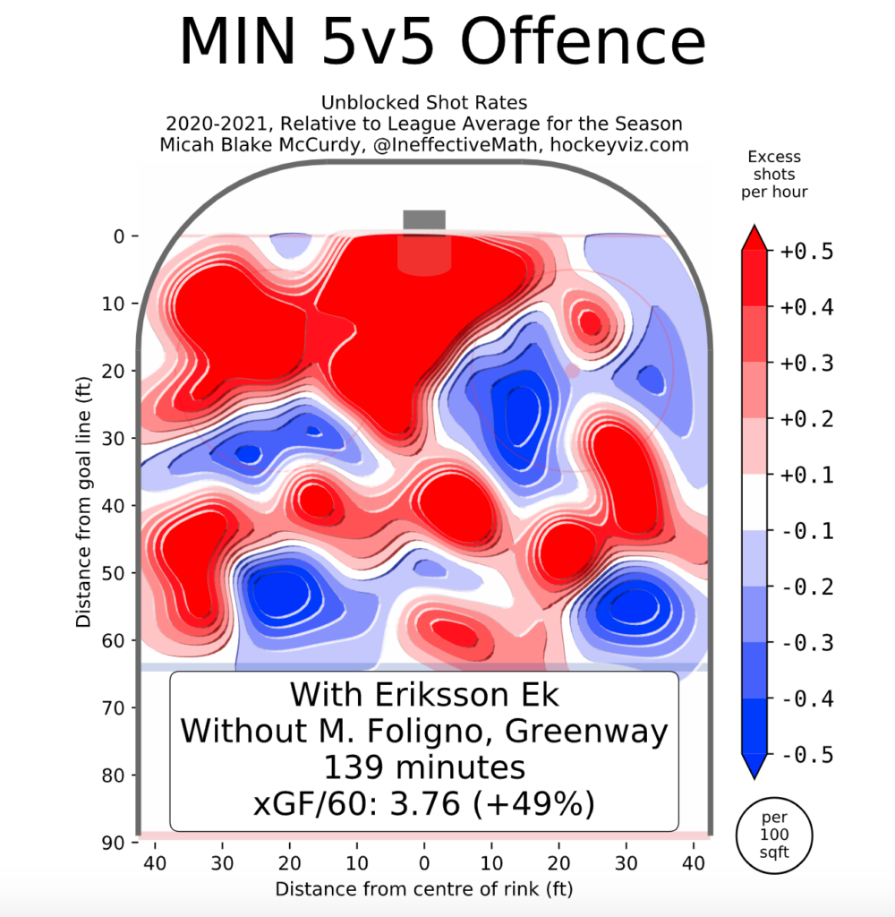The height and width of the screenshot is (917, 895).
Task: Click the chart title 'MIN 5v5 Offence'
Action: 442,40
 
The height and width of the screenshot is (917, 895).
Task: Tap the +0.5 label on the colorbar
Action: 808,252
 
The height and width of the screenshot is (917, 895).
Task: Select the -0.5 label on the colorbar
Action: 808,755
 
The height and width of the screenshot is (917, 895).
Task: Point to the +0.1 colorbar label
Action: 808,476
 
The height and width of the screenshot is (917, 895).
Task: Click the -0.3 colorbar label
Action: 808,643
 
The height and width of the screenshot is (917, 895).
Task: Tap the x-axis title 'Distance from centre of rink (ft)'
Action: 423,889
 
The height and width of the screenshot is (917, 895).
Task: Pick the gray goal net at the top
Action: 424,220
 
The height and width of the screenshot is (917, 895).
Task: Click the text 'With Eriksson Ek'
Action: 423,695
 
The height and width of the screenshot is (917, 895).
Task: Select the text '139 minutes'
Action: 423,767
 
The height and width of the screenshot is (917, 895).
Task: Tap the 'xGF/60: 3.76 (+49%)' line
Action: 423,803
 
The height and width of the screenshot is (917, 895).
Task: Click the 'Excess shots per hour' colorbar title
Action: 776,175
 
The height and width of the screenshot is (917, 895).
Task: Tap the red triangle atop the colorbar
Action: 753,238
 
